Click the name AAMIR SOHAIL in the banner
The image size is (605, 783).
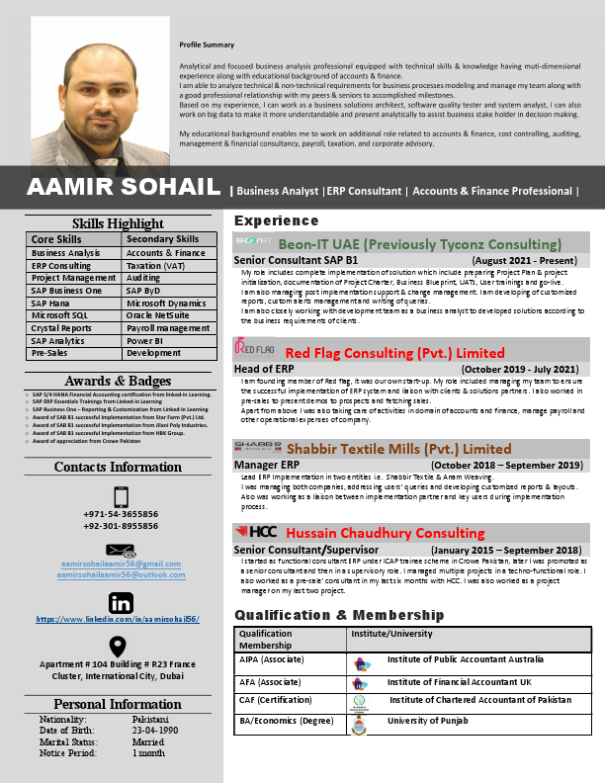point(124,188)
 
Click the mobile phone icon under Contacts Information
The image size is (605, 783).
point(121,496)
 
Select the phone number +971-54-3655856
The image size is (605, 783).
point(121,514)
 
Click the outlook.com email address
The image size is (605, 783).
point(121,572)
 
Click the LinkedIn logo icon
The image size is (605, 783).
point(121,602)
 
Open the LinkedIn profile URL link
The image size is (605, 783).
point(118,619)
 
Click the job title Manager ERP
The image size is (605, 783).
point(267,465)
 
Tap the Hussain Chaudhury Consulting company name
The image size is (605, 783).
point(372,533)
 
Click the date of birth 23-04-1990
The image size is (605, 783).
point(156,729)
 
